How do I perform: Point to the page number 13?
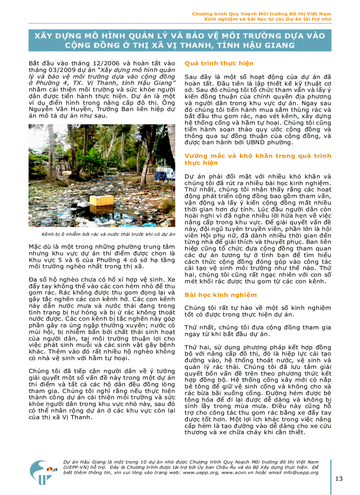339,479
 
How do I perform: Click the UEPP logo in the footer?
42,473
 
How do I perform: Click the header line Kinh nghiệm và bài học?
267,19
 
